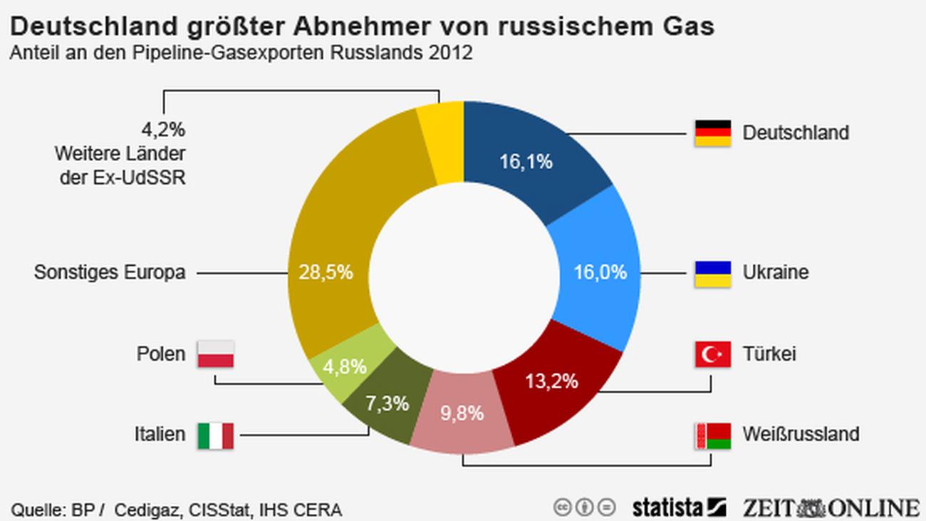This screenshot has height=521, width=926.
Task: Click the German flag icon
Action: coord(712,133)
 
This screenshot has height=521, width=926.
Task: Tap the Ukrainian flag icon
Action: coord(712,274)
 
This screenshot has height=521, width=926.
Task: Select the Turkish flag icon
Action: coord(712,354)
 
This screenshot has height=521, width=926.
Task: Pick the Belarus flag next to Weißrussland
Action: coord(712,435)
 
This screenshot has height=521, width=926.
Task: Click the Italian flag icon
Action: coord(215,435)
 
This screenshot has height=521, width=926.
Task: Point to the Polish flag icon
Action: coord(215,354)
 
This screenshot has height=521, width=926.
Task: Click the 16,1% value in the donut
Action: coord(526,162)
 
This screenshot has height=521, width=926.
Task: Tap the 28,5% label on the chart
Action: coord(326,272)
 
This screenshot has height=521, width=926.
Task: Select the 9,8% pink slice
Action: coord(462,413)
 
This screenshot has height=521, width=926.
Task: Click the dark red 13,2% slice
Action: coord(551,381)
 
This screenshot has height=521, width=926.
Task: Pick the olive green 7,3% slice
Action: coord(387,403)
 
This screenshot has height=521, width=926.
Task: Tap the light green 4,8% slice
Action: coord(345,367)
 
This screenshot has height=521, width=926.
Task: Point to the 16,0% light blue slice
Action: coord(600,272)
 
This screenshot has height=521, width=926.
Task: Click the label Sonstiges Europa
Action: coord(110,272)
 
